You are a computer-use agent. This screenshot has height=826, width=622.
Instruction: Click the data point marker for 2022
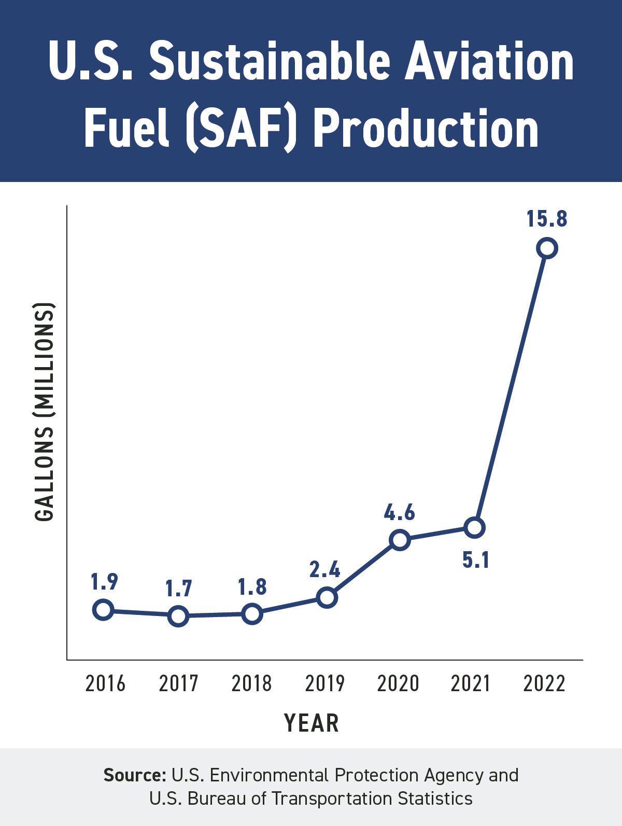click(x=547, y=248)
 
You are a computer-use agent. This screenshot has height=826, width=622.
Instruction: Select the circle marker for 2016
click(x=103, y=610)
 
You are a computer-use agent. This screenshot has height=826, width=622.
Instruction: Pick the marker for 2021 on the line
click(x=474, y=528)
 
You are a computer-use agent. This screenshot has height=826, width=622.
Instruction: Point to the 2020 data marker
click(x=400, y=540)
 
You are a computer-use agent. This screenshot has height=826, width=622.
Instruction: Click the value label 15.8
click(x=547, y=219)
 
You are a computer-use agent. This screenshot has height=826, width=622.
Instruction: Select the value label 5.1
click(x=476, y=560)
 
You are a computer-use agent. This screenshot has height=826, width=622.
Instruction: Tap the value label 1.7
click(x=178, y=589)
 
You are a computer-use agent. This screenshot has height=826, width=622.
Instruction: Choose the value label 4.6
click(x=399, y=512)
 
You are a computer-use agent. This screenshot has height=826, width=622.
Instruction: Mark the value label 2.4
click(x=324, y=570)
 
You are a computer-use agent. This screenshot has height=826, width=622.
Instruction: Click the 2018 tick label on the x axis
click(x=251, y=683)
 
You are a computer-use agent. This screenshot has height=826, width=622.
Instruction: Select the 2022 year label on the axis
click(x=544, y=683)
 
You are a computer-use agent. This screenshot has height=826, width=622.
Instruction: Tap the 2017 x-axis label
click(x=178, y=683)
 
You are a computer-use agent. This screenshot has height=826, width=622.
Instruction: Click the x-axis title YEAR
click(x=312, y=723)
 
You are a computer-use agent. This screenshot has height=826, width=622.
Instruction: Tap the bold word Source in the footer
click(x=134, y=775)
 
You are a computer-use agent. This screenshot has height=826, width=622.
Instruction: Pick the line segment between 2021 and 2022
click(x=511, y=388)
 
